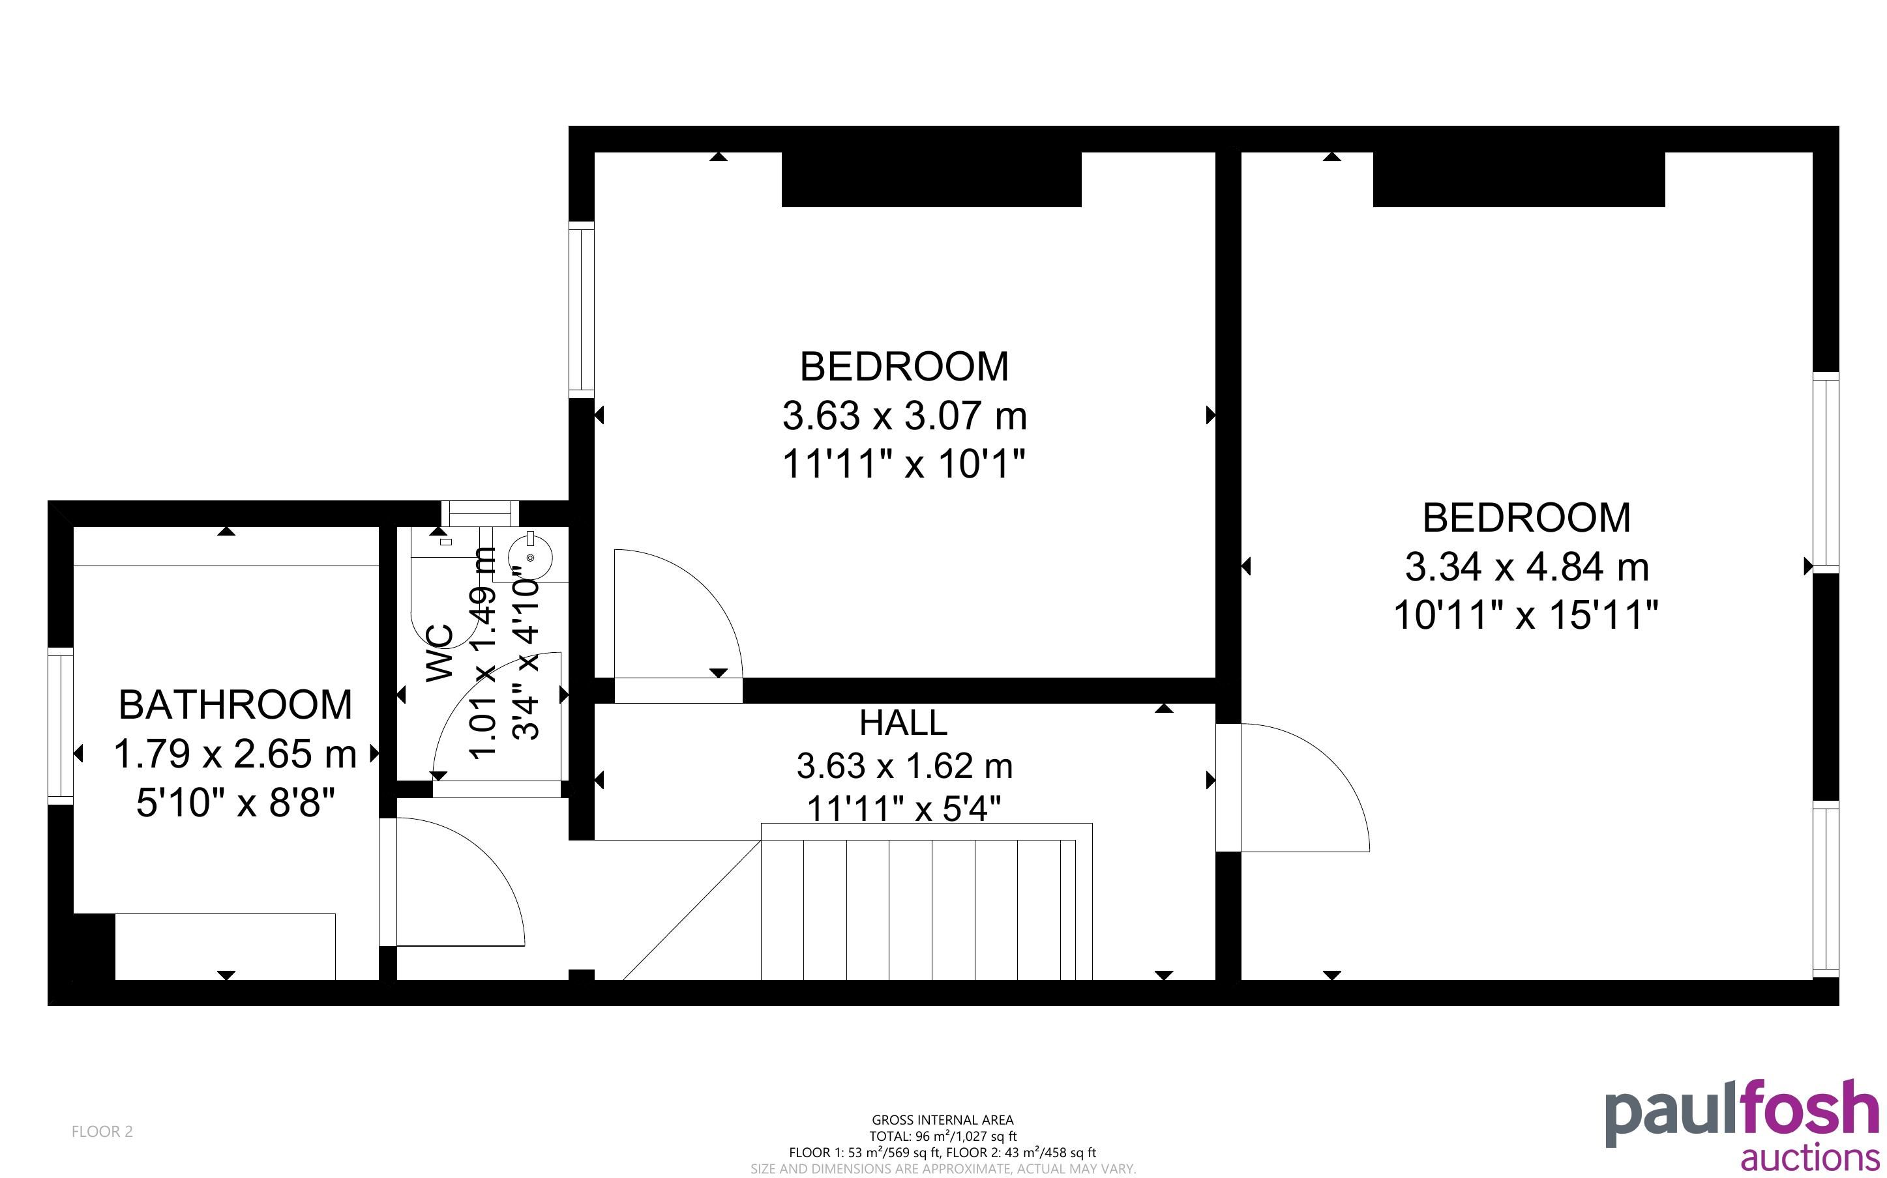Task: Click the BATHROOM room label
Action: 235,705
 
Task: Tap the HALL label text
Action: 903,723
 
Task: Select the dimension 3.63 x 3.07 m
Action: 904,416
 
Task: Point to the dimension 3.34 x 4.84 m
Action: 1527,567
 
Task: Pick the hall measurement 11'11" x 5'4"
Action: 903,809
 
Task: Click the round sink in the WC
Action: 531,556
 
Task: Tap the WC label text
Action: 440,653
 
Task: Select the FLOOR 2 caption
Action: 102,1132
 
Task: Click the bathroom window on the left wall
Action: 61,726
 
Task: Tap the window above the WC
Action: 480,513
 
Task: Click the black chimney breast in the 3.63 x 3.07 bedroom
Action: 931,179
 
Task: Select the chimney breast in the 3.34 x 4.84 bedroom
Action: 1519,179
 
